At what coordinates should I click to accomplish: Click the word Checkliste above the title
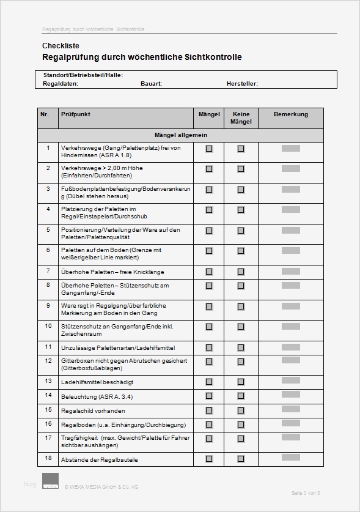(x=61, y=46)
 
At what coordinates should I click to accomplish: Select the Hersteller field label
(x=242, y=84)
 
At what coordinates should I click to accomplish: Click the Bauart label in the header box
(x=151, y=84)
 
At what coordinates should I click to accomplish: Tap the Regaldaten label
(x=61, y=84)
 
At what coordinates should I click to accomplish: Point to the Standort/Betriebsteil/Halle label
(x=83, y=75)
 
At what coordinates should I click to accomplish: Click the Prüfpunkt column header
(x=76, y=114)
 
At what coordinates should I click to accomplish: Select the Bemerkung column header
(x=290, y=114)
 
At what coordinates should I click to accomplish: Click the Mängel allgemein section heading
(x=180, y=135)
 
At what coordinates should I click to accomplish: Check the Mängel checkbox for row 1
(x=209, y=149)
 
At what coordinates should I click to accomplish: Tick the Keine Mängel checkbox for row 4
(x=241, y=210)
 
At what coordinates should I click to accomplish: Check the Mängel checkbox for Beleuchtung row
(x=209, y=396)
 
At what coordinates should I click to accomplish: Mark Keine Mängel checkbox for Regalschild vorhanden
(x=241, y=410)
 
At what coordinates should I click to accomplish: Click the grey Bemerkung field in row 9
(x=290, y=305)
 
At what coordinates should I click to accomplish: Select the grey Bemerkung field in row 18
(x=290, y=458)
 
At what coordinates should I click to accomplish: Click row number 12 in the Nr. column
(x=48, y=361)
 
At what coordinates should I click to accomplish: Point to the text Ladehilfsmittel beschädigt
(x=97, y=382)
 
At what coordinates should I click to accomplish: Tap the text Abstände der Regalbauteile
(x=100, y=459)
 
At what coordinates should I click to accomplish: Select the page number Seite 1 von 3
(x=306, y=493)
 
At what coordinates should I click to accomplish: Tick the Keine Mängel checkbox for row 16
(x=241, y=425)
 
